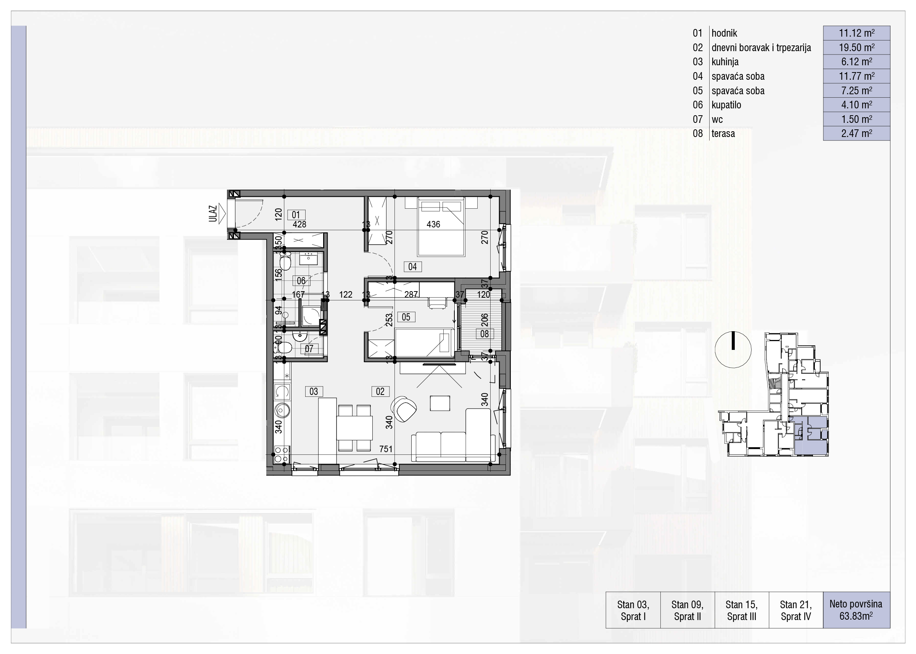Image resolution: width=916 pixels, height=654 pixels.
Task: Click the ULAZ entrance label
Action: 212,214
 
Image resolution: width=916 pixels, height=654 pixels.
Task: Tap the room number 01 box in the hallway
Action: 296,215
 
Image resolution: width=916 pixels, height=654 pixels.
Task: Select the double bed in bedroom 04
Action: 441,226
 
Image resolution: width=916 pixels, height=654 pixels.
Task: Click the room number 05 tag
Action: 406,317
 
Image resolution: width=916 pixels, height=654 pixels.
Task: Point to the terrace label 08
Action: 485,334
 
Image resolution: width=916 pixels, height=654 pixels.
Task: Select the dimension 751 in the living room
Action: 386,449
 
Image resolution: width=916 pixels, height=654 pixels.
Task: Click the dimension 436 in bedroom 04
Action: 433,224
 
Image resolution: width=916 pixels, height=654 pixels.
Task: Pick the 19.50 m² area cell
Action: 856,48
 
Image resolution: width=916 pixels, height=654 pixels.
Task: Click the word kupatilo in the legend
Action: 726,105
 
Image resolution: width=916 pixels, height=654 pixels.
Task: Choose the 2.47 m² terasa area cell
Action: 856,133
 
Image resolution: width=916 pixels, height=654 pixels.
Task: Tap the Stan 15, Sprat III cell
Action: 742,610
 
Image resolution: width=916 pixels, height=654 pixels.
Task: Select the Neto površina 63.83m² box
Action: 856,610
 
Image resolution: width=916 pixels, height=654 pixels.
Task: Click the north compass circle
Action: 733,350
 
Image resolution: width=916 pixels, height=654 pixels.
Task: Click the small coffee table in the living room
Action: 439,403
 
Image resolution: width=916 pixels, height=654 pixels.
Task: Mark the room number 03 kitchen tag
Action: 314,391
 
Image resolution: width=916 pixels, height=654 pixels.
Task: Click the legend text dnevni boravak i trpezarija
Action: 761,48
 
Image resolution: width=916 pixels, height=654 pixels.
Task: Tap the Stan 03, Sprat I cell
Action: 633,610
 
